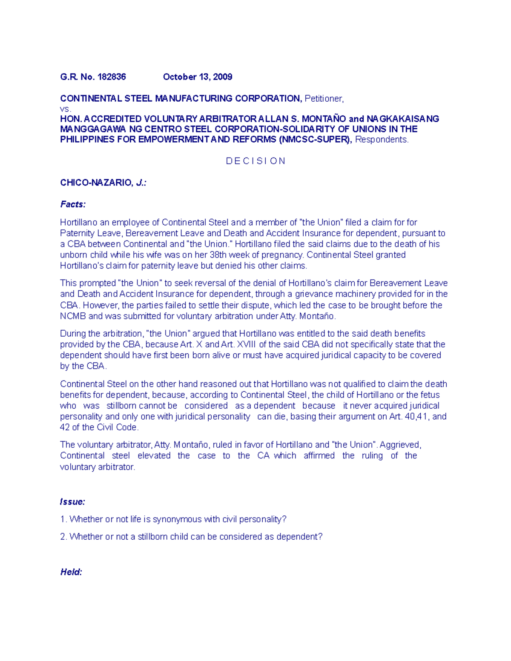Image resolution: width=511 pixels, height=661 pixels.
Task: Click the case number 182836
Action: [112, 77]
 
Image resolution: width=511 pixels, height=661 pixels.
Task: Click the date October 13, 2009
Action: [198, 77]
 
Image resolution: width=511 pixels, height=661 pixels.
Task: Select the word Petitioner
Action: [323, 99]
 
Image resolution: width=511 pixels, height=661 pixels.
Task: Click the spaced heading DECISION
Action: [255, 161]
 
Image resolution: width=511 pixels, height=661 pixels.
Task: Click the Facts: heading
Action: [73, 204]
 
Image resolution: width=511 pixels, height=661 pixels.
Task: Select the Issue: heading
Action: [72, 502]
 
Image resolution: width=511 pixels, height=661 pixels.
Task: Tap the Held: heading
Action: [71, 572]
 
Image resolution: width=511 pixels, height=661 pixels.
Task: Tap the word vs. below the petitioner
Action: [66, 109]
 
